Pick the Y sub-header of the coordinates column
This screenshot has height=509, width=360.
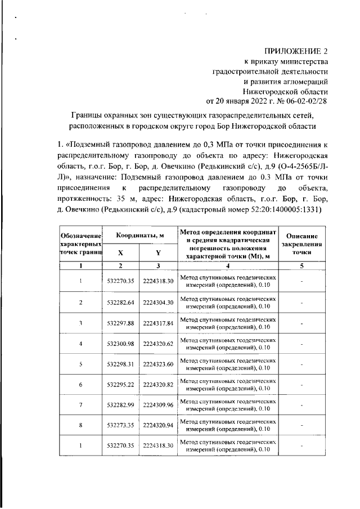pos(158,253)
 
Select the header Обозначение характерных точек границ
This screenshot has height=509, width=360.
pos(81,245)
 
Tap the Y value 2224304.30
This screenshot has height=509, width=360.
pos(158,303)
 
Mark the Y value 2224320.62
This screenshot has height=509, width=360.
pos(158,344)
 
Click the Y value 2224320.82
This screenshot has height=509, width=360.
pos(158,384)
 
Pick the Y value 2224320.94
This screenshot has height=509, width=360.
pos(158,425)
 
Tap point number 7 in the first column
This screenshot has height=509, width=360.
pos(81,405)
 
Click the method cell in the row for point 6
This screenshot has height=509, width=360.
pos(228,384)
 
